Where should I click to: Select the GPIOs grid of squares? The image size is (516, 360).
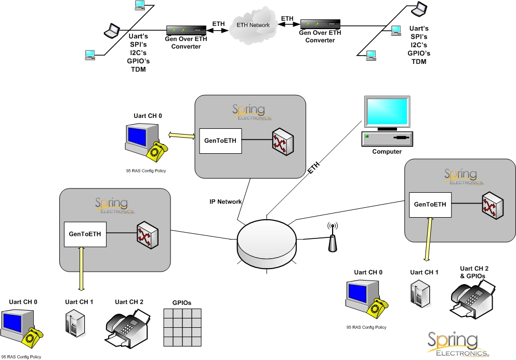(182, 327)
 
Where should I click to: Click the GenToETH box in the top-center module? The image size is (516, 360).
(221, 141)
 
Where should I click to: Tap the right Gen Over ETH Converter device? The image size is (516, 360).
(320, 24)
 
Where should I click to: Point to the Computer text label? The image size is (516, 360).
(387, 152)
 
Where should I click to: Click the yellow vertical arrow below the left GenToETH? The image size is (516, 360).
(81, 269)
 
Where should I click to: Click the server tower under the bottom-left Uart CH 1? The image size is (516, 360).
(74, 322)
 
